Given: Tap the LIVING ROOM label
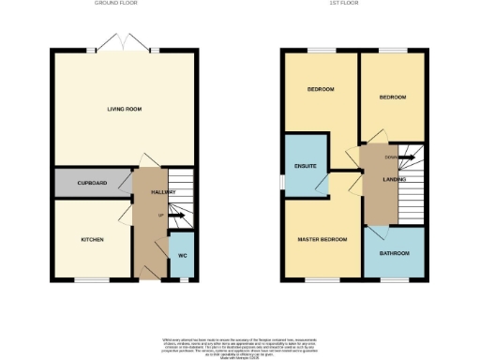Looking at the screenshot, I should (124, 110).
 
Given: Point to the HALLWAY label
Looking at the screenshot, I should (151, 192).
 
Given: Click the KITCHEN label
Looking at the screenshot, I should (91, 240).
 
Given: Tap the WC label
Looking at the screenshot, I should (182, 256).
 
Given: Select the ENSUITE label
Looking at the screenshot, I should (306, 166).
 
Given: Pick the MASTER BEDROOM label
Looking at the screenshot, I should (322, 239).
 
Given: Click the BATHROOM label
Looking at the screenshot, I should (395, 253).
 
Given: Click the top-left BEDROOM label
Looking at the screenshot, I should (322, 89).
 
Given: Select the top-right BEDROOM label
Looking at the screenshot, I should (392, 97).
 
